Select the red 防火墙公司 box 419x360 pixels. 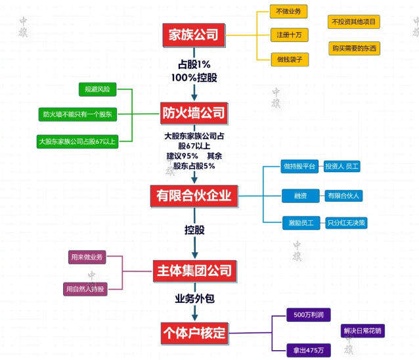[194, 112]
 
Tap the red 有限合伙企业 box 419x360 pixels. [194, 194]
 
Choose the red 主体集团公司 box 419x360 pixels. [194, 270]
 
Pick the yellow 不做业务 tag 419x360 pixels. [289, 12]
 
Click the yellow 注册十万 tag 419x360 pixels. [289, 35]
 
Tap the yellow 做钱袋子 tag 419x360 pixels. [289, 59]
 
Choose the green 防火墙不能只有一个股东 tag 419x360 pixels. [77, 114]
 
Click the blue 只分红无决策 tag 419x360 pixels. [347, 223]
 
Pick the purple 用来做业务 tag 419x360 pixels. [87, 257]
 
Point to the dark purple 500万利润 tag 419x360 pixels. [308, 315]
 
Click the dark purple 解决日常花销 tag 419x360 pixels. [362, 331]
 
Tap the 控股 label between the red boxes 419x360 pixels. [194, 231]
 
